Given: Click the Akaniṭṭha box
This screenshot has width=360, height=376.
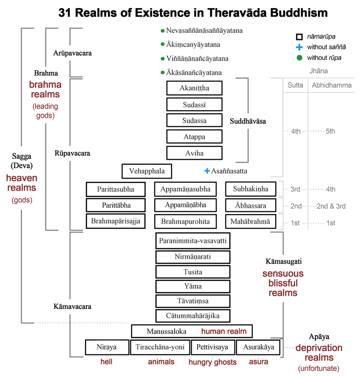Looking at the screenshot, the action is [x=194, y=88].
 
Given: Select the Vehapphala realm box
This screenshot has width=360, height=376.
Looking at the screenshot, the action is [x=147, y=171].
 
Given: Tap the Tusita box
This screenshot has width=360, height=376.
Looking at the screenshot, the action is [x=193, y=272].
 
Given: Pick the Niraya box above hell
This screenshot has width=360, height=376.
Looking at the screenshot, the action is [x=107, y=347].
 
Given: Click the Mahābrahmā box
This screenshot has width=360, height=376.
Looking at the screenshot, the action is [x=251, y=221].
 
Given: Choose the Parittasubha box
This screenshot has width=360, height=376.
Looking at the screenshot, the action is [x=116, y=189].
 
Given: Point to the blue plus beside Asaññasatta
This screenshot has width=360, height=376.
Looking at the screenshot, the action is [x=207, y=171].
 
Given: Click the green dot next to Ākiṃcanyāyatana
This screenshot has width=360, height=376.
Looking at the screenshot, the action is [x=162, y=45].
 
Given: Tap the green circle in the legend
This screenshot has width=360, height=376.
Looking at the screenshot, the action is [x=299, y=58].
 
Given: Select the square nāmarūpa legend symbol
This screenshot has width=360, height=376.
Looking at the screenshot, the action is [x=299, y=37].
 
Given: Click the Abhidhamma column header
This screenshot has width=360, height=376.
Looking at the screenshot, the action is [x=332, y=85].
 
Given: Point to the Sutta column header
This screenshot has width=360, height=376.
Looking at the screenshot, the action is [x=295, y=85].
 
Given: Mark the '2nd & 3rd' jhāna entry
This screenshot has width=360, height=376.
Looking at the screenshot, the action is [x=331, y=206].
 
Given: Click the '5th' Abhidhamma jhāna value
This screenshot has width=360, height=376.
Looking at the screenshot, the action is [x=330, y=131].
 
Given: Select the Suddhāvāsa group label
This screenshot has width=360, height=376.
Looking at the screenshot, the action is [x=248, y=121].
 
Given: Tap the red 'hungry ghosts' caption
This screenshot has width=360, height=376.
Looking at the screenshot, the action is [x=212, y=362].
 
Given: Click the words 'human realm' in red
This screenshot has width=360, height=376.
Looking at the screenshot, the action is [x=224, y=331].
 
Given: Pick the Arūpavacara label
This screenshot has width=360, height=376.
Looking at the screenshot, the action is [x=72, y=53].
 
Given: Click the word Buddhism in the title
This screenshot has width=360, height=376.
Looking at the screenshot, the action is [x=298, y=13].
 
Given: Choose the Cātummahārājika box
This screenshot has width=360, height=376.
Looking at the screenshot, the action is [x=193, y=316].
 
